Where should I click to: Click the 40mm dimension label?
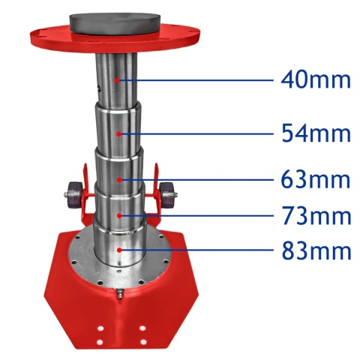click(315, 79)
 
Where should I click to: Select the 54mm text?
click(315, 133)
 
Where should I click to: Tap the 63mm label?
click(315, 180)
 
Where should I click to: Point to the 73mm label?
click(315, 216)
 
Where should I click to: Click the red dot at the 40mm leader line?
click(117, 78)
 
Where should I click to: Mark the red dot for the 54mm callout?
click(118, 133)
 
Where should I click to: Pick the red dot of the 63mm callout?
click(119, 179)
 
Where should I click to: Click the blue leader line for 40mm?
click(195, 79)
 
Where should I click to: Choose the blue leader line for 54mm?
click(195, 133)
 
